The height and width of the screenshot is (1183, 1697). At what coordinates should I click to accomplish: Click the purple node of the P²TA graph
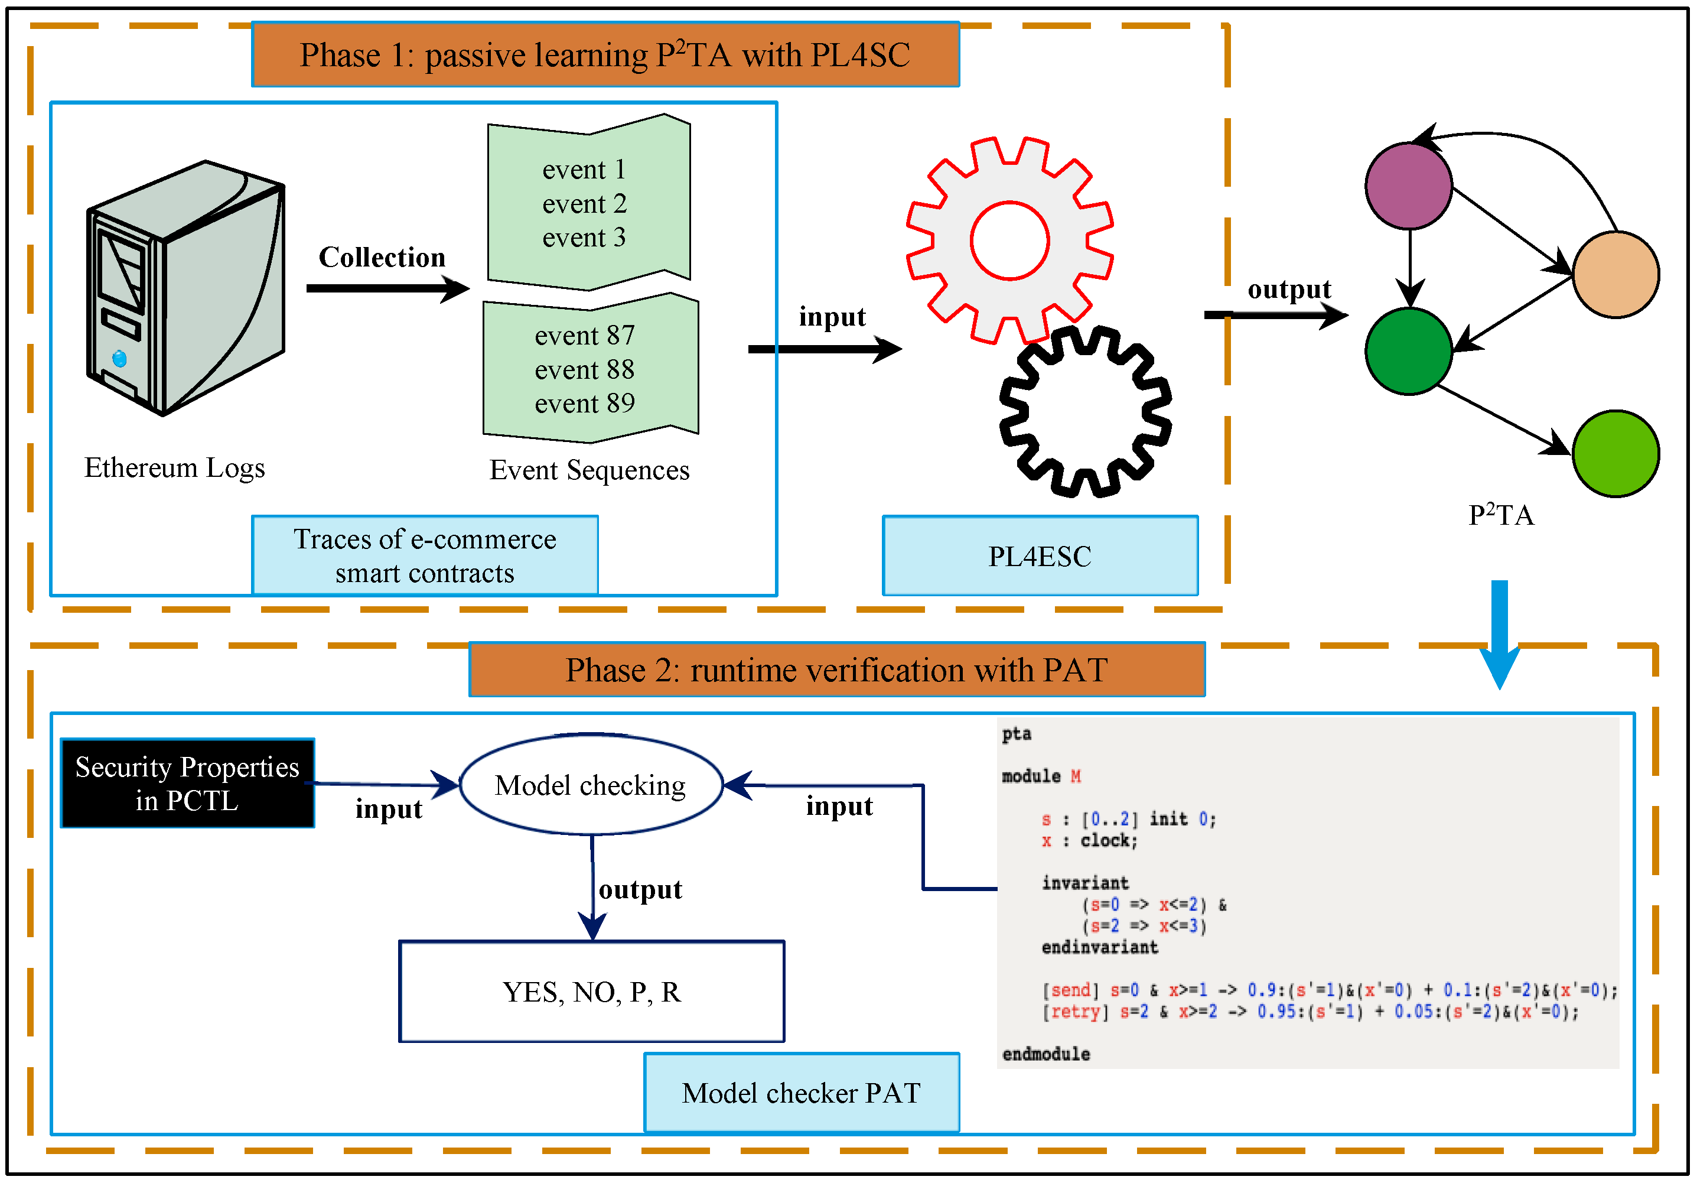(1409, 186)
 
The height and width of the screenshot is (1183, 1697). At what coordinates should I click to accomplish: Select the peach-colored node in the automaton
(1615, 274)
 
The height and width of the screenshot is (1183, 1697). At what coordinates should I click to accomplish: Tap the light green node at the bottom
(1615, 453)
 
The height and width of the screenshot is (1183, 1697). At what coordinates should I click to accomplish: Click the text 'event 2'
(584, 203)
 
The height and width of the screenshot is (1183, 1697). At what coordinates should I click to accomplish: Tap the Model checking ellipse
(591, 785)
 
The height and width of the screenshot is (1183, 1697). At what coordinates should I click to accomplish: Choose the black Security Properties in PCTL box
(188, 783)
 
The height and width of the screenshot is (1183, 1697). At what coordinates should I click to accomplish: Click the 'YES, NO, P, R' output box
(591, 992)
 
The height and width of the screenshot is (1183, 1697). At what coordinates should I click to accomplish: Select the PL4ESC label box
(1040, 556)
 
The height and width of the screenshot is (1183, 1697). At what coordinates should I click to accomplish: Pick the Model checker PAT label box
(801, 1093)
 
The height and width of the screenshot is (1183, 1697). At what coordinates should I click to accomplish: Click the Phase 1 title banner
(605, 55)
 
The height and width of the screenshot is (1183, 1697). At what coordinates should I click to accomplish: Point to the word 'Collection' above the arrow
(382, 257)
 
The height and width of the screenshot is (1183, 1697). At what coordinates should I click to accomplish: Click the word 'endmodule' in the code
(1046, 1054)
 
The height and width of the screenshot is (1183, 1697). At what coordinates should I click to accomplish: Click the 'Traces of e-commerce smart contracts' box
(425, 556)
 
